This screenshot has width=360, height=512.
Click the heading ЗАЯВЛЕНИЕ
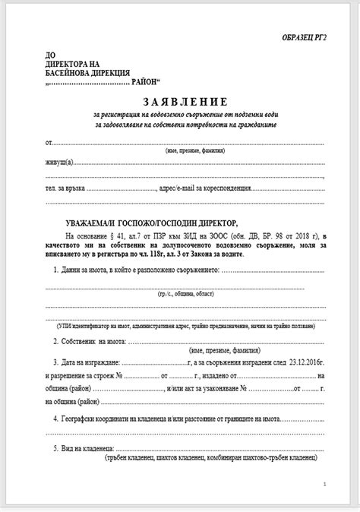point(185,101)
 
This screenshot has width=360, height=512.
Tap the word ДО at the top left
point(51,55)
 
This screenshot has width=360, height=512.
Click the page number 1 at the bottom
point(324,483)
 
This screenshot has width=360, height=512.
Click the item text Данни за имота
point(92,271)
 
